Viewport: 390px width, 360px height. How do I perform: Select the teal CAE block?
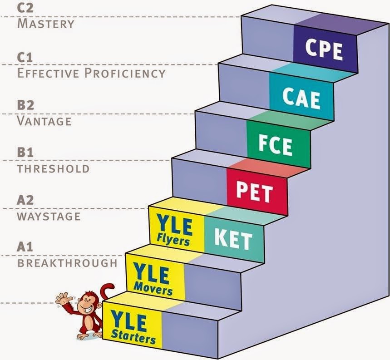[x=301, y=97]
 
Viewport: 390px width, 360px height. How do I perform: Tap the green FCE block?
[x=276, y=144]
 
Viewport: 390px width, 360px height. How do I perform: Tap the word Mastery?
[x=45, y=24]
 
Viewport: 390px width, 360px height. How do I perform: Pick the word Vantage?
[x=44, y=121]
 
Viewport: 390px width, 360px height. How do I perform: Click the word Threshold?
[x=53, y=169]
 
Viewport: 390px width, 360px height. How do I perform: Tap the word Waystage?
[x=49, y=216]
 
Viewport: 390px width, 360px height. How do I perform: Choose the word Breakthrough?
[x=67, y=264]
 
